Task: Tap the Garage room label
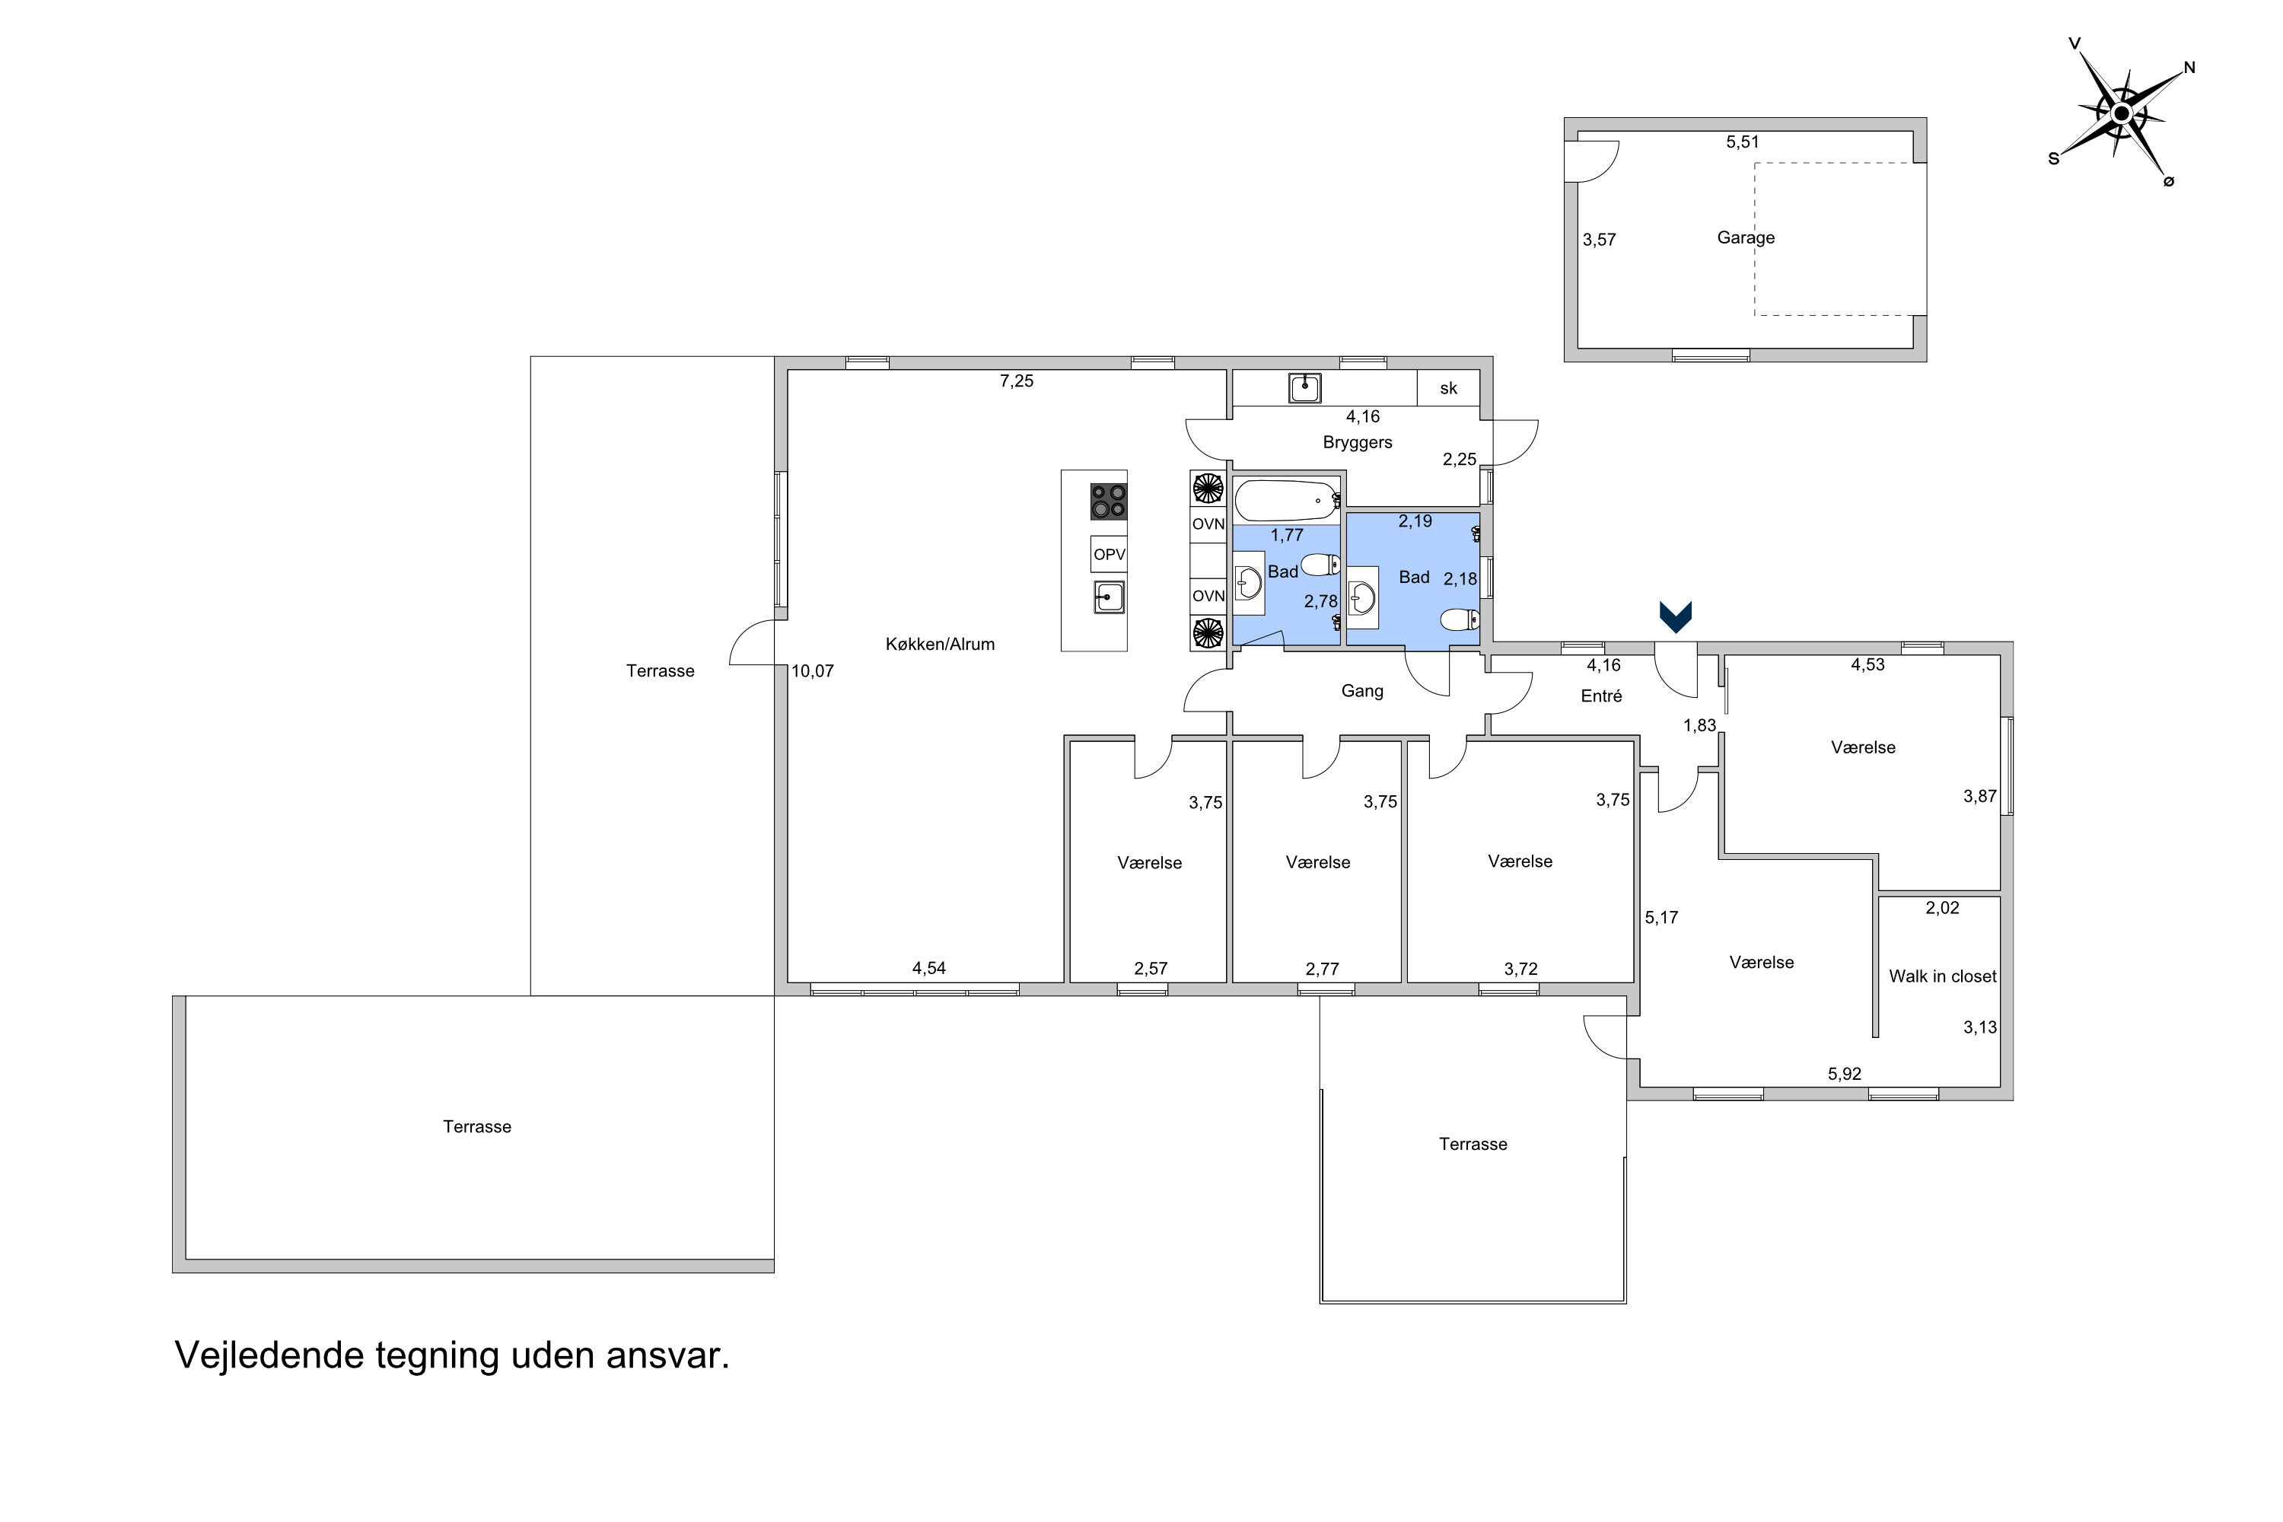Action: [1745, 237]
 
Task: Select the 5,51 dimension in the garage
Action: [1743, 142]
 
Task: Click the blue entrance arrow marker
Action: [1676, 617]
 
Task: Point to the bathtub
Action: [1287, 501]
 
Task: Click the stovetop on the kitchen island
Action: [1109, 501]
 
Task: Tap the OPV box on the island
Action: [1109, 554]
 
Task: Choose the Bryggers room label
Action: [1357, 443]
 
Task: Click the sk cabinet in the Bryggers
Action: [1448, 388]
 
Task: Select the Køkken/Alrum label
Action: [940, 644]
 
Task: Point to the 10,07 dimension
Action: [813, 670]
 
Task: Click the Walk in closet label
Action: [1942, 976]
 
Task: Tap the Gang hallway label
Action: [1362, 691]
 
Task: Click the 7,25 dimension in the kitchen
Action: [1016, 381]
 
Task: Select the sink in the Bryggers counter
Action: [1304, 388]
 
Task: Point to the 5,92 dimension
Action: [1844, 1074]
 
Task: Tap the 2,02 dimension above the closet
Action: [1942, 909]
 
